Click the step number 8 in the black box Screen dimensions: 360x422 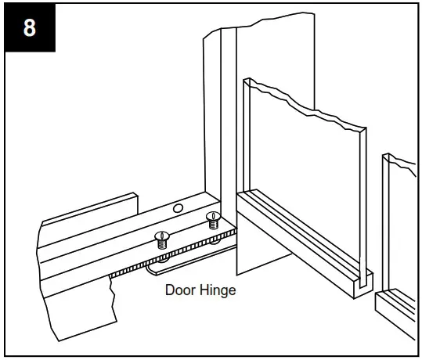pos(28,28)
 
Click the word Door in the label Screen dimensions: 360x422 pos(179,290)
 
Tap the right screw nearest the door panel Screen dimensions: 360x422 pos(211,219)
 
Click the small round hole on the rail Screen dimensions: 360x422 pos(178,209)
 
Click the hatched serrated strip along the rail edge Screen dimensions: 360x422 pos(157,259)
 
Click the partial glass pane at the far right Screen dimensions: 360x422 pos(403,227)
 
